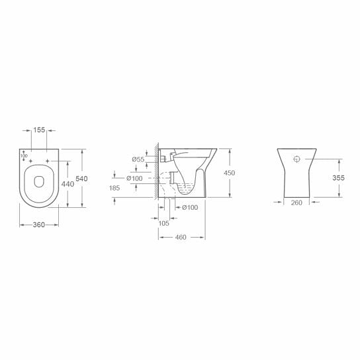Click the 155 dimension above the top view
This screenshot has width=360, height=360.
click(40, 131)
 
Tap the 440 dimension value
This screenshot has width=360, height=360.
click(67, 185)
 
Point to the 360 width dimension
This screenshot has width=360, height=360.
click(38, 225)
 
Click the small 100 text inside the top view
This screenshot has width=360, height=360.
click(24, 156)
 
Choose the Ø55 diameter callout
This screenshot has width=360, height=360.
click(138, 159)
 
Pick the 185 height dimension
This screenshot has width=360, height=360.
click(115, 189)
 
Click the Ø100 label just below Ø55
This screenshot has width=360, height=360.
click(135, 179)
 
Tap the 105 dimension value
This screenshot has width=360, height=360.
click(164, 222)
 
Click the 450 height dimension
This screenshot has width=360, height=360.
click(229, 173)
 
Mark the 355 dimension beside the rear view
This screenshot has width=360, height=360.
click(339, 178)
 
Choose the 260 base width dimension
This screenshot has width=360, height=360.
click(296, 202)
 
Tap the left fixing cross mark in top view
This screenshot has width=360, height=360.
click(31, 161)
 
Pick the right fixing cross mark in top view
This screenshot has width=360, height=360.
click(49, 161)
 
